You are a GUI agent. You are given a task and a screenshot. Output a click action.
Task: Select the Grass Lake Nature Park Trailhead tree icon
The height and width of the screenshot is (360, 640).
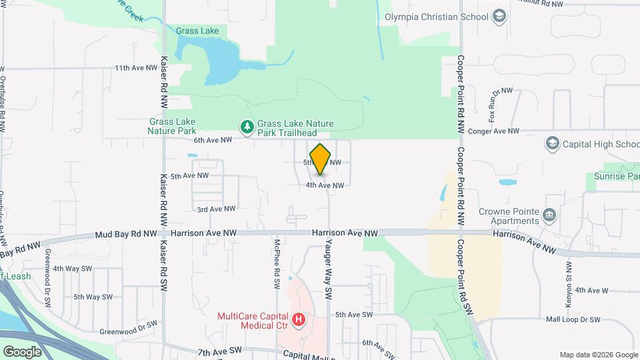coord(247,126)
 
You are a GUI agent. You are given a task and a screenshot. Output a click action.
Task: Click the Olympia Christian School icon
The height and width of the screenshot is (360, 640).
coord(499,16)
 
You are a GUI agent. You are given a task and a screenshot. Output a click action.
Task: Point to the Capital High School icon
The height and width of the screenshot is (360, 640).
coord(552,143)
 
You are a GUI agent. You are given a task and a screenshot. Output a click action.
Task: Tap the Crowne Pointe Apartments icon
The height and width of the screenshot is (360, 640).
coord(549,215)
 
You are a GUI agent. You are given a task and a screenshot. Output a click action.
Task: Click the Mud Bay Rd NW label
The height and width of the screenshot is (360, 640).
coord(126,234)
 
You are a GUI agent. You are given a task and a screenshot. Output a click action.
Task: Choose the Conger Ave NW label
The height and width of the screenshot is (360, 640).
coord(494,131)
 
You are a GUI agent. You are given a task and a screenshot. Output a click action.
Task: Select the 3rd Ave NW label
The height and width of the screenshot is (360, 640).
coord(216,209)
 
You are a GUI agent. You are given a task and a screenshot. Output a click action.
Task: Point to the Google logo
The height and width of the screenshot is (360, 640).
coord(22,351)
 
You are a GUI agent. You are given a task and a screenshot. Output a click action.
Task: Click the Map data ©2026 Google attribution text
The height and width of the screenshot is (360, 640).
coord(598,355)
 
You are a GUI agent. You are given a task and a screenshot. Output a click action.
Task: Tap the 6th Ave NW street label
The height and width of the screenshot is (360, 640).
coord(213,140)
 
